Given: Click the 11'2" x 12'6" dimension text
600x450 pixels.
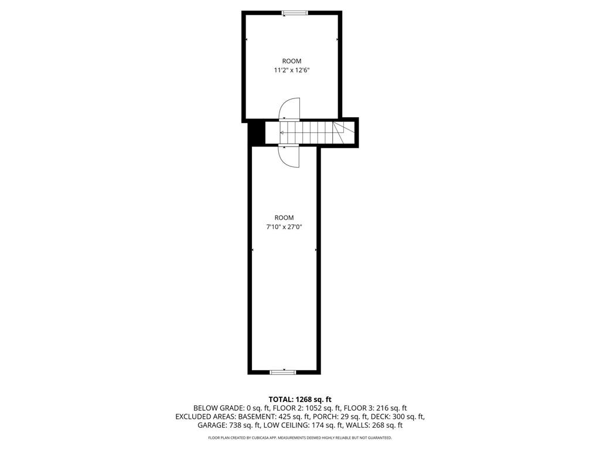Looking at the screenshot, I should (291, 70).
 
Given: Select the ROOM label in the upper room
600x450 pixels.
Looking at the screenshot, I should (291, 61).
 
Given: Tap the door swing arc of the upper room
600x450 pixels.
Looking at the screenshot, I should (289, 108).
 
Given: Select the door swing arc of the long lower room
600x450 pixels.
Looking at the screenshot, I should (289, 156).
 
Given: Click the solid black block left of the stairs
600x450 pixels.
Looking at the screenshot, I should (255, 132).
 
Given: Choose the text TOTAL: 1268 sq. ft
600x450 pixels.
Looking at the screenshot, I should (300, 400).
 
